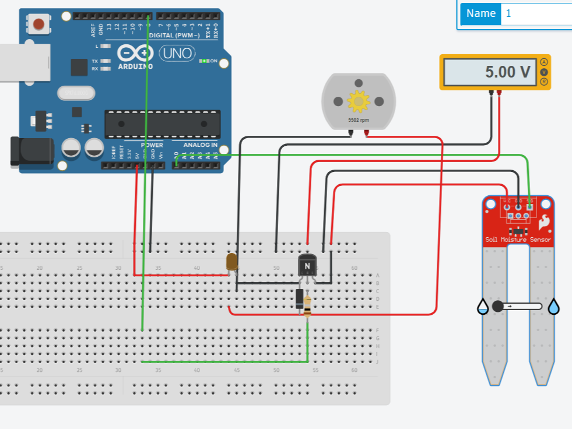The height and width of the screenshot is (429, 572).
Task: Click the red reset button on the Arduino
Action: [x=38, y=24]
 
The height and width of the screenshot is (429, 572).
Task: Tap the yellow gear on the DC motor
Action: [x=358, y=101]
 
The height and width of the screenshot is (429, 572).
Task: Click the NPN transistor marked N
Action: [x=307, y=265]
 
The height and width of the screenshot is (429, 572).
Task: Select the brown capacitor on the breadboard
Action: [x=232, y=262]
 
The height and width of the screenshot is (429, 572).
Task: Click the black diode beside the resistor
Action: [x=299, y=298]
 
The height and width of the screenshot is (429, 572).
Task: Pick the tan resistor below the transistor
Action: [x=307, y=304]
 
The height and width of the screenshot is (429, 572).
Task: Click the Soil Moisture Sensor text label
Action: [x=518, y=240]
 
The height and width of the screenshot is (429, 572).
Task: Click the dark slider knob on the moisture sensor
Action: [x=497, y=306]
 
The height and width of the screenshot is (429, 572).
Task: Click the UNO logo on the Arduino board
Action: [x=177, y=54]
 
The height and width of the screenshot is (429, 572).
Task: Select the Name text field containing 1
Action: [x=536, y=13]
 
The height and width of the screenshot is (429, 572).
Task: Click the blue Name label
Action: [x=480, y=13]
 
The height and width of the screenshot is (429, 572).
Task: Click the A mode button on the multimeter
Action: [x=544, y=62]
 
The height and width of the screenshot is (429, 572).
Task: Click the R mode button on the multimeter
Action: [x=544, y=82]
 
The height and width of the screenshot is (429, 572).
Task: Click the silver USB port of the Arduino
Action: [x=21, y=61]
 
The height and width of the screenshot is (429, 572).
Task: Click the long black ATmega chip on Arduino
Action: [x=162, y=124]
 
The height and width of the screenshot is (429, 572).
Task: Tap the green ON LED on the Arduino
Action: [x=204, y=61]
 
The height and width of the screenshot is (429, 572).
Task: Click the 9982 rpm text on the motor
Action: [x=358, y=119]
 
